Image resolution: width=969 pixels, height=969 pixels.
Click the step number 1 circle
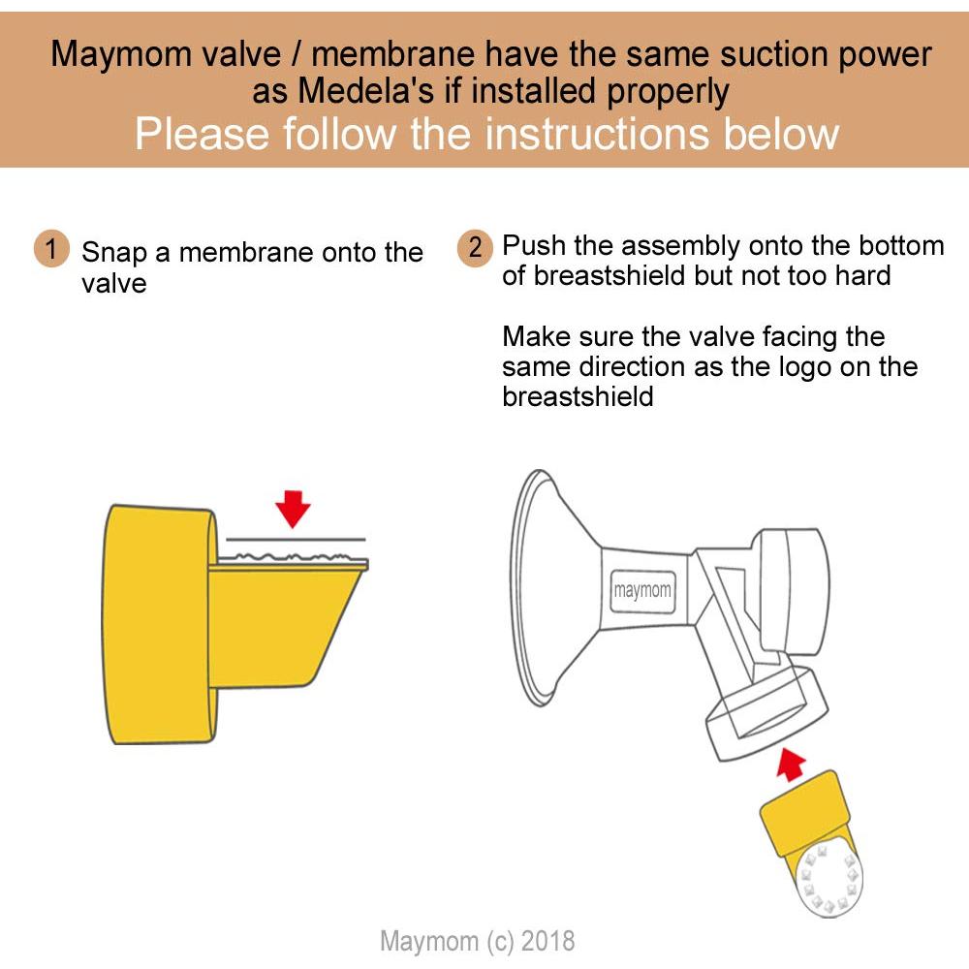click(51, 249)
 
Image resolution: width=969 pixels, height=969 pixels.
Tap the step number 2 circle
click(475, 247)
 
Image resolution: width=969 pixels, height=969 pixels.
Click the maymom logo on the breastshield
click(641, 590)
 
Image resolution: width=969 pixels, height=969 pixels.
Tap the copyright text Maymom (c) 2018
click(477, 940)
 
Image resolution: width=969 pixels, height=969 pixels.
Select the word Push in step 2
click(536, 245)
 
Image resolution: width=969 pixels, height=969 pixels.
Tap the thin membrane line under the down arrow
click(296, 539)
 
